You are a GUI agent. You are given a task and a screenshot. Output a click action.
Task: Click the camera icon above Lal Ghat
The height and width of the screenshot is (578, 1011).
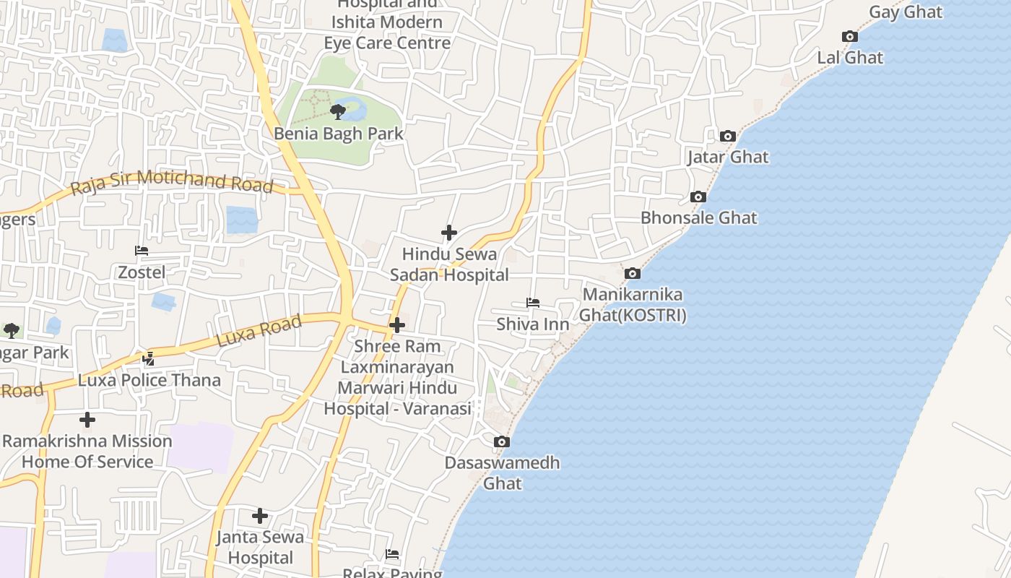[850, 37]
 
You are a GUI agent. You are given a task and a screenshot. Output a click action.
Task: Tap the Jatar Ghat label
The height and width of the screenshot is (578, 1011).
[728, 157]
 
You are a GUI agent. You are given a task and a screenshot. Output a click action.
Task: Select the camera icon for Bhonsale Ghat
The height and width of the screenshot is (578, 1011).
[698, 197]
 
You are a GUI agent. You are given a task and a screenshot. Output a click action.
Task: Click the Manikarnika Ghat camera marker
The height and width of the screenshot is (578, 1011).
[632, 273]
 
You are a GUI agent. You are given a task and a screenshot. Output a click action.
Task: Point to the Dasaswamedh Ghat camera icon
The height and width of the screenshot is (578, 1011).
[501, 441]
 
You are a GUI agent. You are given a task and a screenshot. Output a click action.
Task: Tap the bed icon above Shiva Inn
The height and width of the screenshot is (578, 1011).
[533, 302]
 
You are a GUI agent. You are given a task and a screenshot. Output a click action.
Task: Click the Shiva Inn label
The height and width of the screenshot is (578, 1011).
[533, 324]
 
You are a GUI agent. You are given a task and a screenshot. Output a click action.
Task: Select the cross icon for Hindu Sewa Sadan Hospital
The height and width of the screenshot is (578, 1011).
[449, 233]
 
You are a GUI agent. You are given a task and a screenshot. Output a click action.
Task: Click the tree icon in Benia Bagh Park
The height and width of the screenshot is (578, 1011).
[337, 111]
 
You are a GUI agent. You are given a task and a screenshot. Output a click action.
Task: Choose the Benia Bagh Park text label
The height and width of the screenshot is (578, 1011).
[338, 134]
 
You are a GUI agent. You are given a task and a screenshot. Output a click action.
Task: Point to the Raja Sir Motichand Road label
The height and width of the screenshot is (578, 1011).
[172, 182]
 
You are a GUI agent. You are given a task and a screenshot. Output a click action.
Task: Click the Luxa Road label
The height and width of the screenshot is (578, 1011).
[259, 332]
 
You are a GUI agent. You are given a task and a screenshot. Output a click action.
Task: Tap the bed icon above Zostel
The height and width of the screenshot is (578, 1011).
[142, 251]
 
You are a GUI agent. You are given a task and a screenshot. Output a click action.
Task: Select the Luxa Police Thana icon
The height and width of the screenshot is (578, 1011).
[149, 358]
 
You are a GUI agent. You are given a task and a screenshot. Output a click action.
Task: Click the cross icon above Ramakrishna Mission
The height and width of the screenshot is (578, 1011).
[87, 420]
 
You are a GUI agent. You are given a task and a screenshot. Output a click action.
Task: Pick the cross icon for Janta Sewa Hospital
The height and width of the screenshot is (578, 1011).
[260, 516]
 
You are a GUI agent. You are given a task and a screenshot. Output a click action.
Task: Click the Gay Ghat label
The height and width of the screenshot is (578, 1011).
[906, 12]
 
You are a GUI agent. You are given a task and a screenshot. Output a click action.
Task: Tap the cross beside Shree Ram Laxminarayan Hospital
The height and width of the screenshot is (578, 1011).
[397, 325]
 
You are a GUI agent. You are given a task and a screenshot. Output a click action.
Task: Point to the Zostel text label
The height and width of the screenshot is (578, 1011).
[142, 272]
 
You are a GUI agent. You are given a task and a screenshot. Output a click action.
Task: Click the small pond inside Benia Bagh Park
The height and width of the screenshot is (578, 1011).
[354, 110]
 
